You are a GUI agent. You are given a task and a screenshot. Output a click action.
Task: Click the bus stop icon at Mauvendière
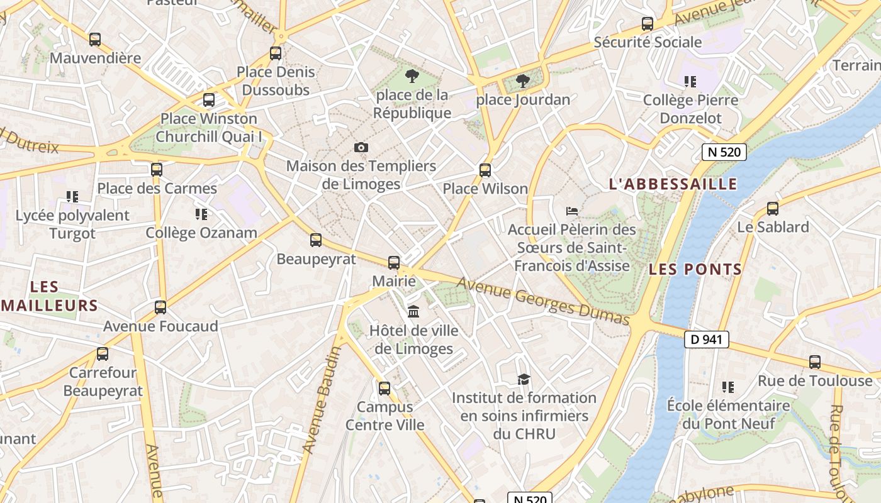pos(95,39)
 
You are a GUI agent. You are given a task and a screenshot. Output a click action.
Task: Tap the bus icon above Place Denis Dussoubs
pos(276,53)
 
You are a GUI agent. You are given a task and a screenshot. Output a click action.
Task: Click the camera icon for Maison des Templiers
pos(361,147)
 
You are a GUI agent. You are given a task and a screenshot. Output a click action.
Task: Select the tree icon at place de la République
pos(412,76)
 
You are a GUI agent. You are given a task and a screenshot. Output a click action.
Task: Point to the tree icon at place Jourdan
pos(522,80)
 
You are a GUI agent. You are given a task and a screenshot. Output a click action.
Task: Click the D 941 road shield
pos(706,340)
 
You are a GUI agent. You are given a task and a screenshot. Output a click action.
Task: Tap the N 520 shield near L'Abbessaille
pos(724,152)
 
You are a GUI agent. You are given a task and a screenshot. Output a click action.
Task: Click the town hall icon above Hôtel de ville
pos(413,311)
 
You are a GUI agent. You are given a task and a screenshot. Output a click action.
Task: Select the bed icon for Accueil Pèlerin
pos(571,211)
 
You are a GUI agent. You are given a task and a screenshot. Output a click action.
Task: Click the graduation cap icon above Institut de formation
pos(524,379)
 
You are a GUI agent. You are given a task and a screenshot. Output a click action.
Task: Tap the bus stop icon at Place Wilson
pos(485,170)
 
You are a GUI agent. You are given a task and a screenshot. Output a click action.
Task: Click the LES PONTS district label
pos(695,270)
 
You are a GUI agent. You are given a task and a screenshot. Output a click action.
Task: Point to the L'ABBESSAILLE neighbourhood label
pos(673,184)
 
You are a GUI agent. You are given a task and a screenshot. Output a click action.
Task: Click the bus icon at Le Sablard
pos(772,209)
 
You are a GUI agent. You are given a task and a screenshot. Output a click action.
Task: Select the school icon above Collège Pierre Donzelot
pos(690,82)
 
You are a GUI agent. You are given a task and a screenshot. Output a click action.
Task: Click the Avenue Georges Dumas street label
pos(542,301)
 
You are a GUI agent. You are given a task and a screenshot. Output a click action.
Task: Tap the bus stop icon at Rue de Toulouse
pos(815,362)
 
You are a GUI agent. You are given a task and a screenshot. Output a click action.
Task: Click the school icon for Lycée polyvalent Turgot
pos(72,197)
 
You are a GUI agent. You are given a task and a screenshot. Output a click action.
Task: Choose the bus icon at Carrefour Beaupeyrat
pos(103,354)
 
